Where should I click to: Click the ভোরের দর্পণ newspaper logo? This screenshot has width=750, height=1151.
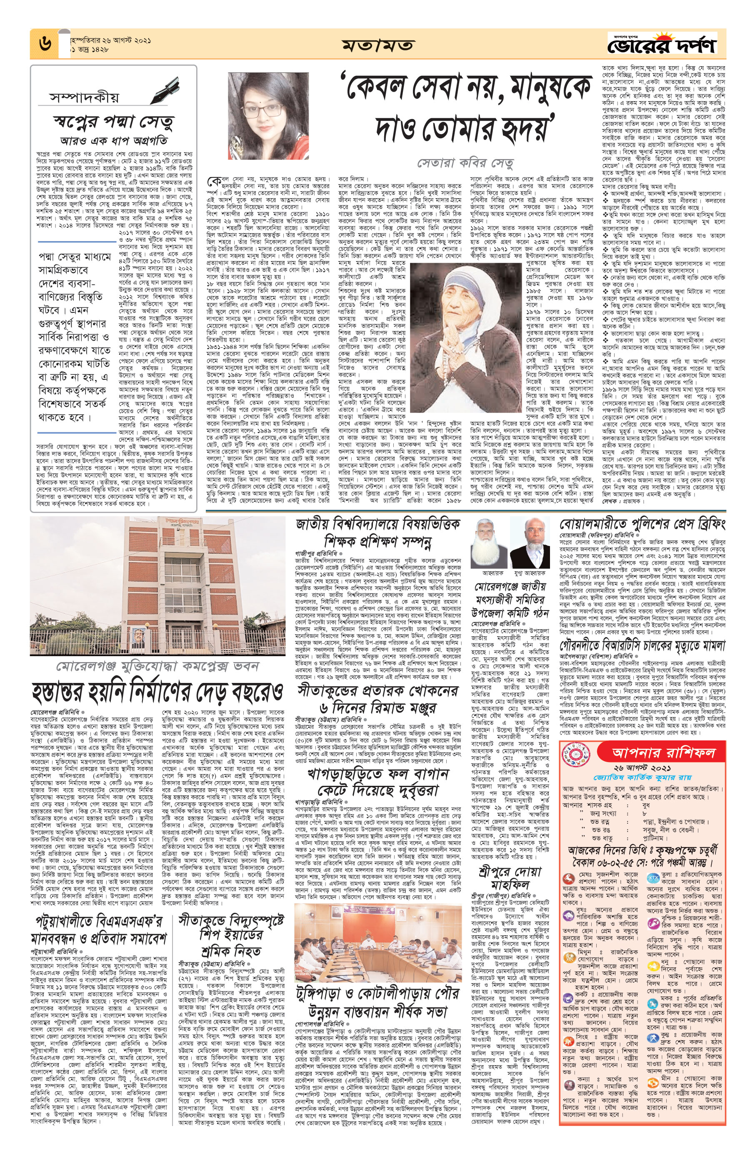(662, 45)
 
